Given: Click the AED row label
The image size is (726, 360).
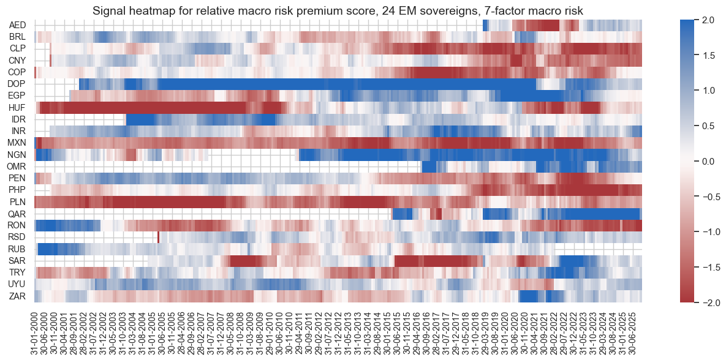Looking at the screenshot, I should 17,25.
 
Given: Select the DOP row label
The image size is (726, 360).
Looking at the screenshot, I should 17,84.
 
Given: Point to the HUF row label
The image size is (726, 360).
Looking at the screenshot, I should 17,107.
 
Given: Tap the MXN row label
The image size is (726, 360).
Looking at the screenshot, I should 17,143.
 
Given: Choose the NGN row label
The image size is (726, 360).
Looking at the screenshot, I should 17,154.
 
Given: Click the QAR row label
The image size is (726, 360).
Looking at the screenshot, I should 17,214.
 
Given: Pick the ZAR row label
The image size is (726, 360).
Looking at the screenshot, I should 17,296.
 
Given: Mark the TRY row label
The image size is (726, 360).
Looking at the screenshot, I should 17,272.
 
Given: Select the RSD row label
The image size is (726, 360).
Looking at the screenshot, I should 17,237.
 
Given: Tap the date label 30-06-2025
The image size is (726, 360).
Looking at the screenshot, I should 637,331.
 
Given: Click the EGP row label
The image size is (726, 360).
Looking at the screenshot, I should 17,96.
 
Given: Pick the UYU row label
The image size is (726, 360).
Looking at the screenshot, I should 17,284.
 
